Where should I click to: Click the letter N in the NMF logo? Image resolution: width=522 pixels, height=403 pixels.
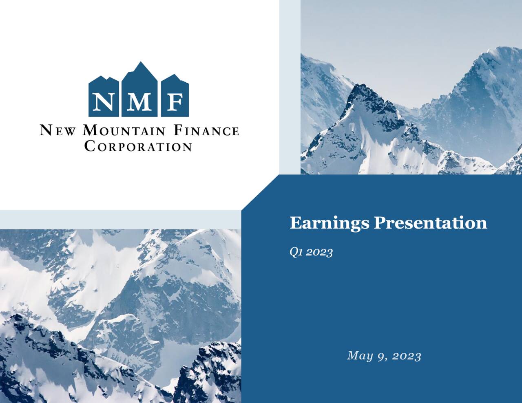pos(103,102)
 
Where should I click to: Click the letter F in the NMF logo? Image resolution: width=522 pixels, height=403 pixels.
pos(175,102)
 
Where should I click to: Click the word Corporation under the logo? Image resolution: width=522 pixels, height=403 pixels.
pos(138,146)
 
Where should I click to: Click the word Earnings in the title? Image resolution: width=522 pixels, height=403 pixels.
pos(330,223)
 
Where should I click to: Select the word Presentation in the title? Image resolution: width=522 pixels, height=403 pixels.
pos(430,223)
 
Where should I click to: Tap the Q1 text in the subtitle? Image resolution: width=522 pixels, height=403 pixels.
pos(296,252)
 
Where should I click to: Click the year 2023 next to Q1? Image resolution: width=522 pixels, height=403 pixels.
pos(319,252)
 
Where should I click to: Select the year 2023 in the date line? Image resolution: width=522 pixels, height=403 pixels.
pos(405,356)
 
